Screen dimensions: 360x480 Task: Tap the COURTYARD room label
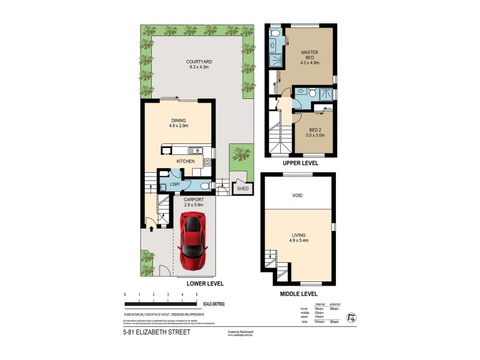tap(199, 62)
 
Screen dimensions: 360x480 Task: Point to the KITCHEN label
tap(185, 161)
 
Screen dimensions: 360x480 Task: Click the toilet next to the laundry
tap(205, 185)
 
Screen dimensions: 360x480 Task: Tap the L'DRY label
tap(175, 184)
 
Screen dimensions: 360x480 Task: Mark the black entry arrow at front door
tap(150, 228)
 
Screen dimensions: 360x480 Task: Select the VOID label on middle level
tap(298, 195)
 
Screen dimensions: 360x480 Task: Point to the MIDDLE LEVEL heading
tap(298, 294)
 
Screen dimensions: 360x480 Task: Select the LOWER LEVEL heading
tap(205, 283)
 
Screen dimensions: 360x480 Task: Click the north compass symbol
tap(352, 316)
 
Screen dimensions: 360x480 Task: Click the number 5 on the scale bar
tap(197, 295)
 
